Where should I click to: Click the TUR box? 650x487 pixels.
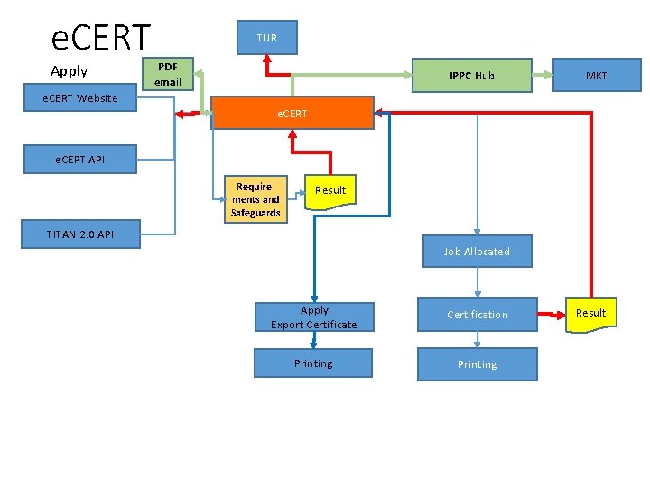266,37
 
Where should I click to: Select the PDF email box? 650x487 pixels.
168,75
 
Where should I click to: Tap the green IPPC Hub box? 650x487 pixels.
471,76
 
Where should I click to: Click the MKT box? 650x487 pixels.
596,76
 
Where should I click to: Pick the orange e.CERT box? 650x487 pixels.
292,114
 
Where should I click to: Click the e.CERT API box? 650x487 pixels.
79,160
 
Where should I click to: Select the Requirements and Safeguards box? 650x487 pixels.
255,198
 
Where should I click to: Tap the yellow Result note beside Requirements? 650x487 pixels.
330,190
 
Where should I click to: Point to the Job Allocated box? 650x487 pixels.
477,252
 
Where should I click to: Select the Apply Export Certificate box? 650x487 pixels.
313,317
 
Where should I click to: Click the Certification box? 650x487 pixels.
477,315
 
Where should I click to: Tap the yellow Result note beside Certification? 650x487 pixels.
591,313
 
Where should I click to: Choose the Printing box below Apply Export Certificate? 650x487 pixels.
312,363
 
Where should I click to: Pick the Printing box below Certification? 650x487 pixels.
477,364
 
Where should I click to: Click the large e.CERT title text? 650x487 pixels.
101,38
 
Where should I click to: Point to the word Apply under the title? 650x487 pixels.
70,71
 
